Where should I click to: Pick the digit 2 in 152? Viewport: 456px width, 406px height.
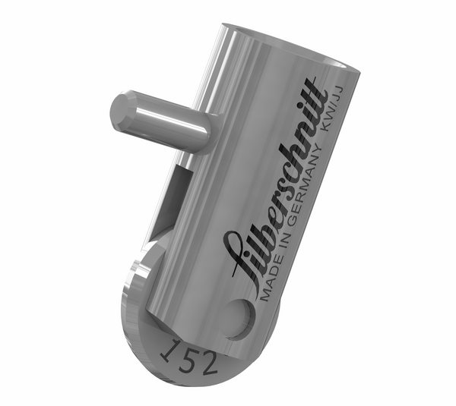[208, 360]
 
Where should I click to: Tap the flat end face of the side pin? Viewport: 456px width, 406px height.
[121, 112]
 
